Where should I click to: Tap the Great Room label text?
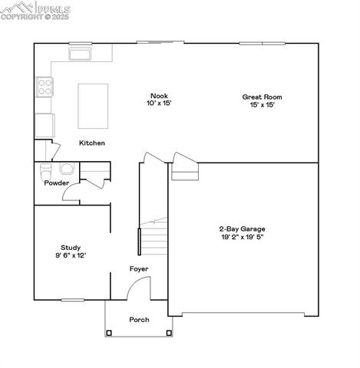[x=258, y=97]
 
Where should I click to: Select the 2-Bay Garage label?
[x=242, y=228]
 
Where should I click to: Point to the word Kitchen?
[x=92, y=143]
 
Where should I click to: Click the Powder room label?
[x=57, y=183]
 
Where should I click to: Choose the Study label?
[x=71, y=247]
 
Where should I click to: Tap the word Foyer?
[x=138, y=269]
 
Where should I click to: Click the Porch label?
[x=139, y=320]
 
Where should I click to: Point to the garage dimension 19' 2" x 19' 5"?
[x=242, y=237]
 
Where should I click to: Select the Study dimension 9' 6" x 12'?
[x=71, y=255]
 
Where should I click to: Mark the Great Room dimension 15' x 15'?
[x=258, y=105]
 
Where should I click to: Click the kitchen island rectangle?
[x=93, y=104]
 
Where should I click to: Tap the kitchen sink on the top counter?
[x=80, y=54]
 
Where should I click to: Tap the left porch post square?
[x=109, y=333]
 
